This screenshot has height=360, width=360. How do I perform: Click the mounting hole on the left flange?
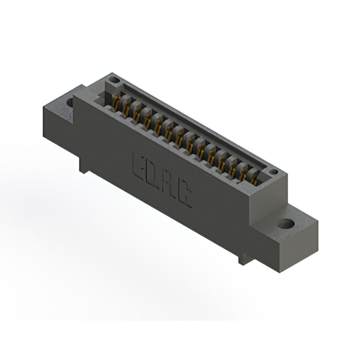point(70,103)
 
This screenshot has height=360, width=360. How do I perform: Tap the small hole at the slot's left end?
point(114,80)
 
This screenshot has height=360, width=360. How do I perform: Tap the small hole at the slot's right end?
point(272,172)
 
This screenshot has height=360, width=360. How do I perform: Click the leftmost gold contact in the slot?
point(116,103)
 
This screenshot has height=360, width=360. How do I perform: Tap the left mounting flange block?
point(56,121)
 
